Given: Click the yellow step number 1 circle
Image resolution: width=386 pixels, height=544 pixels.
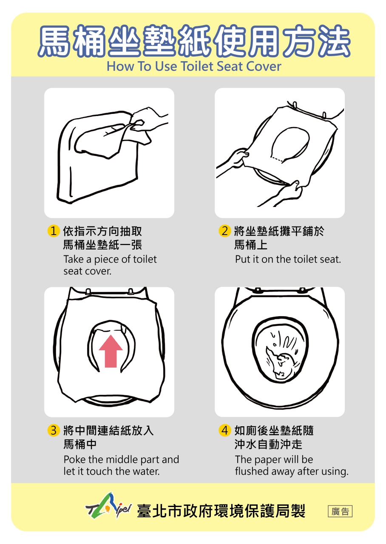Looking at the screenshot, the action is click(54, 230).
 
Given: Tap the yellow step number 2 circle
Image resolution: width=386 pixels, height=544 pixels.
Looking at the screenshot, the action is click(225, 230).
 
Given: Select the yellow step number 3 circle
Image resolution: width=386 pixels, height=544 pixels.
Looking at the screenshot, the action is click(54, 431).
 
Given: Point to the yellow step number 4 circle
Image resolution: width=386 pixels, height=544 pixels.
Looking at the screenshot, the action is click(225, 431).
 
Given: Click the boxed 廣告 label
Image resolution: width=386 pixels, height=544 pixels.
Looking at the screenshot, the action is click(340, 511).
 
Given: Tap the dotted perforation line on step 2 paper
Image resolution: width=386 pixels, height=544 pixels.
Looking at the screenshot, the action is click(277, 159).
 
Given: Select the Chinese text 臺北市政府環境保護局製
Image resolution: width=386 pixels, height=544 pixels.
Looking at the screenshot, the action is click(221, 511).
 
